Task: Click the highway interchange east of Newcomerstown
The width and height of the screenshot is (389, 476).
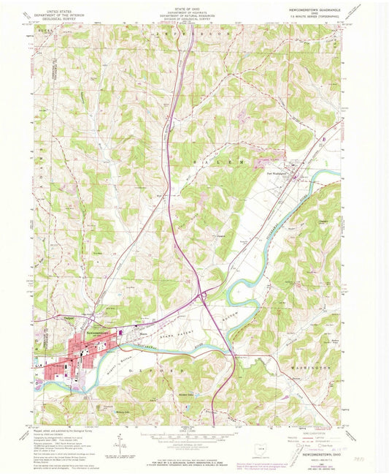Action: [201, 295]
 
